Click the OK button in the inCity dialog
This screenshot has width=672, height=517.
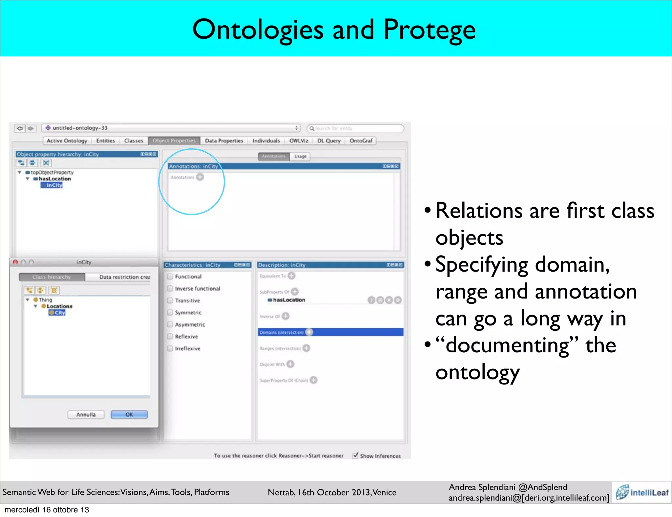click(129, 414)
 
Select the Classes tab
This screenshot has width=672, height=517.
click(134, 141)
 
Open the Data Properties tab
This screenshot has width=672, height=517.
click(224, 141)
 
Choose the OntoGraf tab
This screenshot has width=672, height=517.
click(361, 141)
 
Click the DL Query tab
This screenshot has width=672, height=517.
click(329, 141)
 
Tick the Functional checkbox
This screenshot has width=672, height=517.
click(170, 277)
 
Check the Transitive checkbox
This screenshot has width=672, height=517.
click(170, 300)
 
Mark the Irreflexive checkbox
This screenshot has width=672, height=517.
click(170, 348)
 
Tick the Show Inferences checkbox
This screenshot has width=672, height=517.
click(355, 455)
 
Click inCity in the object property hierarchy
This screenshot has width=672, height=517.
click(54, 185)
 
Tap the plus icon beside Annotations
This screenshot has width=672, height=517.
click(200, 177)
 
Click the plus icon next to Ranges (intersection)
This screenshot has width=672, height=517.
click(306, 348)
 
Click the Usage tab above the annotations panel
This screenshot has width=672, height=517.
click(300, 156)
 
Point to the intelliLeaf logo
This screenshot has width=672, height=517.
click(642, 492)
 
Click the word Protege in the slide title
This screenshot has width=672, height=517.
click(430, 30)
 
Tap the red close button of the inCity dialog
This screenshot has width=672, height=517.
click(15, 262)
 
